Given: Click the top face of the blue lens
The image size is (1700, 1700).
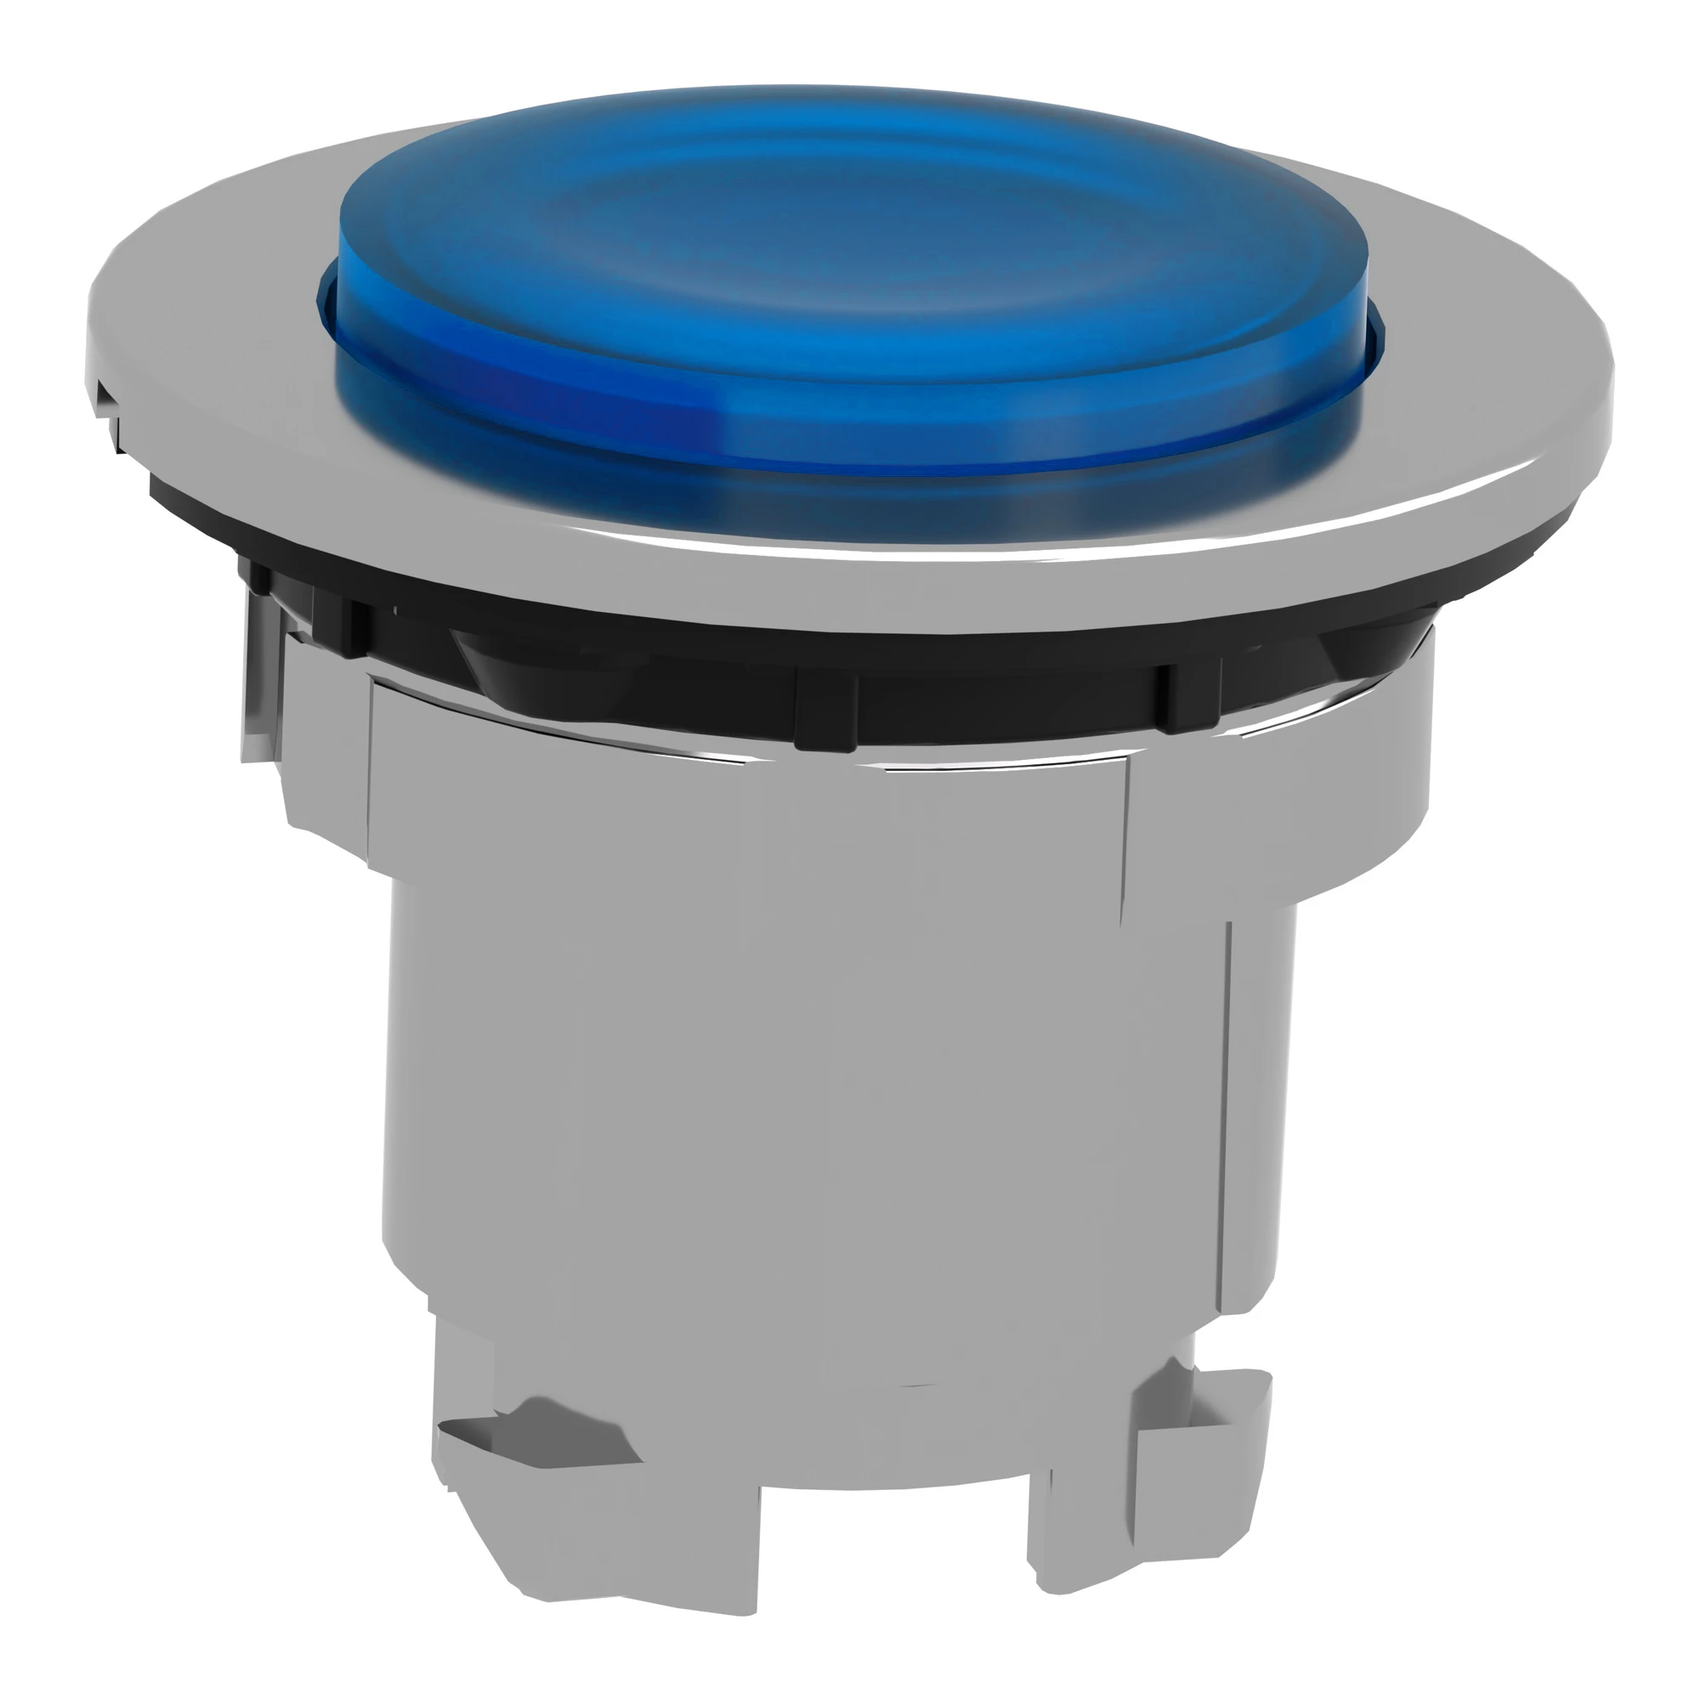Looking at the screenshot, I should click(x=845, y=229).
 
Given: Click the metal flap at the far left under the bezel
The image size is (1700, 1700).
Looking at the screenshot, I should click(x=262, y=677).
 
